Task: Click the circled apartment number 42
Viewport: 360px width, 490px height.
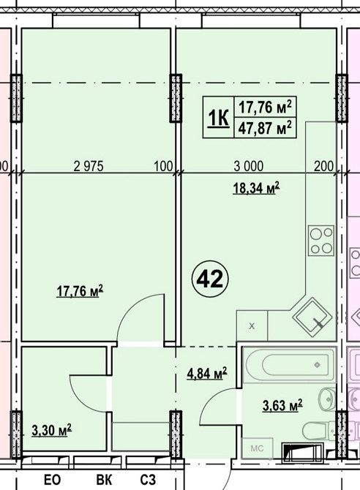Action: click(210, 279)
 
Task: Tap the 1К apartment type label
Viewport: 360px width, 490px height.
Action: click(218, 118)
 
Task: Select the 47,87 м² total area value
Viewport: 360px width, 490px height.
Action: click(265, 128)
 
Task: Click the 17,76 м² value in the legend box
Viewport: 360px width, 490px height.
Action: click(265, 107)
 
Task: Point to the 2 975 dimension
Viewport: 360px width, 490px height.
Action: click(89, 166)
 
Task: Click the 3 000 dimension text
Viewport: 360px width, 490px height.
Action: click(248, 166)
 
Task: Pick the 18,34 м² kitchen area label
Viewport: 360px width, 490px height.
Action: click(256, 188)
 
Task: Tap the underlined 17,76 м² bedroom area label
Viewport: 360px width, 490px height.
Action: click(80, 291)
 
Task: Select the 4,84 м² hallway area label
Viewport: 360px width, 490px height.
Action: click(207, 373)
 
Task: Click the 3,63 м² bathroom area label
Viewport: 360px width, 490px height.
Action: click(282, 406)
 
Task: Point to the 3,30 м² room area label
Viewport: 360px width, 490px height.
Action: click(52, 430)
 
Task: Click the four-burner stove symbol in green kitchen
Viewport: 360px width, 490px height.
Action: click(321, 241)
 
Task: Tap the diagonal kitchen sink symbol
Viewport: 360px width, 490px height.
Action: click(312, 317)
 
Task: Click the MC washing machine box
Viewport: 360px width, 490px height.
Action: click(258, 448)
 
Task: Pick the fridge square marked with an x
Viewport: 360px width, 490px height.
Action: click(252, 325)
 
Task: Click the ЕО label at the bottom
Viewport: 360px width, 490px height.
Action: click(52, 480)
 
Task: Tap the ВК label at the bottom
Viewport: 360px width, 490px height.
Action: click(104, 480)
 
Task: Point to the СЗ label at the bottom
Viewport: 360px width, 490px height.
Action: click(148, 480)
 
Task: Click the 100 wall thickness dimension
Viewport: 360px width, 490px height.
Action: click(163, 166)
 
